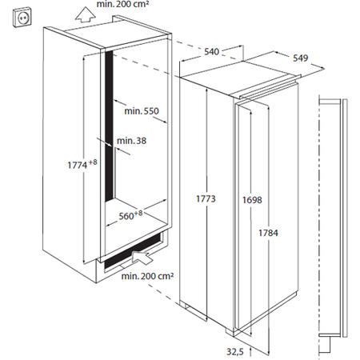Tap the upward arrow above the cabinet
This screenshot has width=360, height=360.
coord(79,10)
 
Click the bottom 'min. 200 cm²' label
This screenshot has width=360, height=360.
coord(149,277)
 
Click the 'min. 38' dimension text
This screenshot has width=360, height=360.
coord(132,141)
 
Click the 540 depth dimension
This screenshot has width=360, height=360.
coord(211,52)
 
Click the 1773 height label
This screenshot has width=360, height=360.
coord(206,197)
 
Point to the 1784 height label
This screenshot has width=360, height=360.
coord(269,232)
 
